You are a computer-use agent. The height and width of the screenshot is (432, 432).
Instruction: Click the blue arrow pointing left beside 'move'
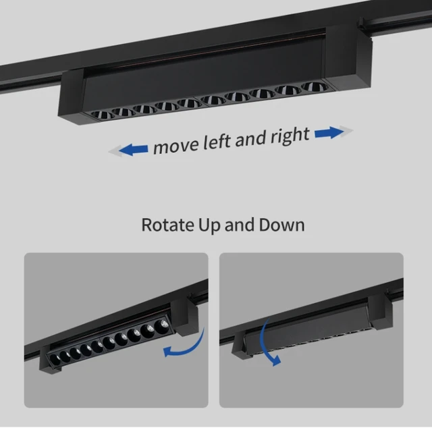pyautogui.click(x=134, y=150)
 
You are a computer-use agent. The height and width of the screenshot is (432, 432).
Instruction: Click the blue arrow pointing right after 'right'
pyautogui.click(x=329, y=132)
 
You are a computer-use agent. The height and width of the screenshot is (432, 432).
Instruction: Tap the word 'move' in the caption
pyautogui.click(x=176, y=146)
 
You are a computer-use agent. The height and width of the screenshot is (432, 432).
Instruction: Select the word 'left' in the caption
pyautogui.click(x=217, y=141)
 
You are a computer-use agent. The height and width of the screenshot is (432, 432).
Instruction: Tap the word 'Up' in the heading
pyautogui.click(x=209, y=225)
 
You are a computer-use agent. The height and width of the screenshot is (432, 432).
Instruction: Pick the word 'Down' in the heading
pyautogui.click(x=281, y=225)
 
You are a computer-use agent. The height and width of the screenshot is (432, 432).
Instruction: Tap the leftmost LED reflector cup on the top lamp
pyautogui.click(x=102, y=114)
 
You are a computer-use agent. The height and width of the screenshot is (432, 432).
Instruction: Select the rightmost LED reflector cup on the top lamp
pyautogui.click(x=315, y=86)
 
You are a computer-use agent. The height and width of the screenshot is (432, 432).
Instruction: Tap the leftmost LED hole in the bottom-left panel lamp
pyautogui.click(x=55, y=360)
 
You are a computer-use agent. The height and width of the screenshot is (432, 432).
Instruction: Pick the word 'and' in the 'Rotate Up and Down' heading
pyautogui.click(x=239, y=225)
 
